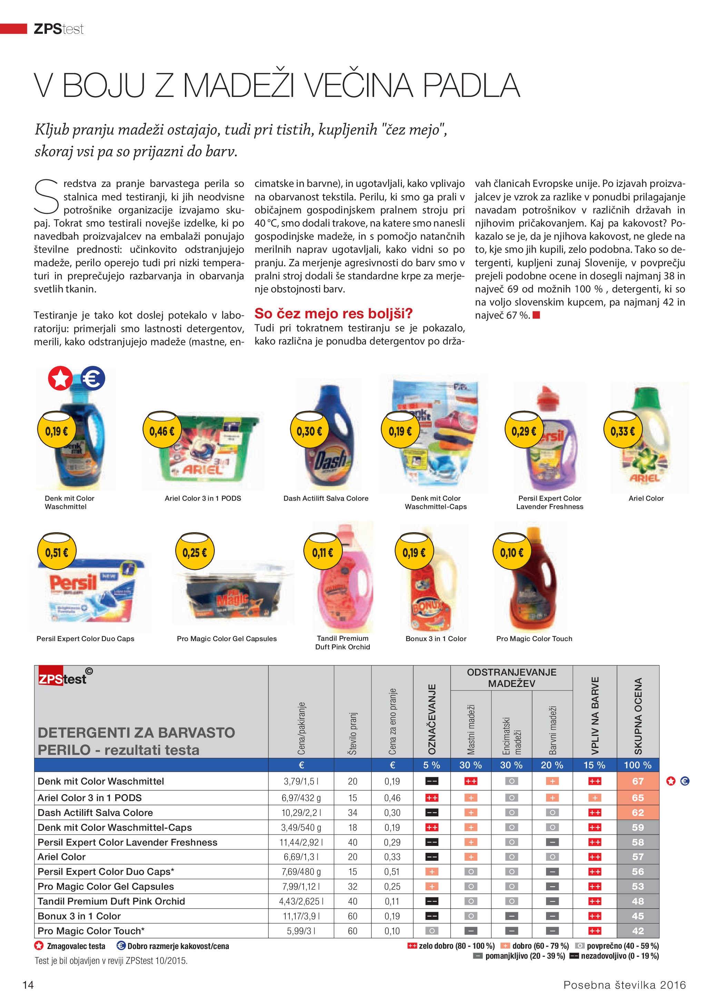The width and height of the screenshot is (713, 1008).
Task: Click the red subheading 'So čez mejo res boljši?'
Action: click(333, 313)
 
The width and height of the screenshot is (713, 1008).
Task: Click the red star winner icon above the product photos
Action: click(60, 378)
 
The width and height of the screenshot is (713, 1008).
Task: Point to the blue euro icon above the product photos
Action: click(93, 378)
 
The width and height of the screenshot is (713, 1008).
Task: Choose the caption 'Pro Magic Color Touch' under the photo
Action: click(534, 638)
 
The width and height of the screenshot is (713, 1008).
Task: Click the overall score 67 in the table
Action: click(637, 781)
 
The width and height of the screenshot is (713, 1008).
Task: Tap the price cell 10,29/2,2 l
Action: click(301, 812)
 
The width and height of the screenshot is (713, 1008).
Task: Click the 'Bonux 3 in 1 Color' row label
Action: click(79, 916)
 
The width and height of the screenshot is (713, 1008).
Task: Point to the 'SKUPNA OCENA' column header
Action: click(638, 716)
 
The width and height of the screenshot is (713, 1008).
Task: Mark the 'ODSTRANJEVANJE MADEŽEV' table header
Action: click(511, 677)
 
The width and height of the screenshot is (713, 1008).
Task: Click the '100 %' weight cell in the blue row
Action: click(637, 765)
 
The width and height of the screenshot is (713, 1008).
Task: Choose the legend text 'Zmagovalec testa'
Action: click(76, 946)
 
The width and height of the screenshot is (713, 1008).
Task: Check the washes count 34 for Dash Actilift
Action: click(352, 812)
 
